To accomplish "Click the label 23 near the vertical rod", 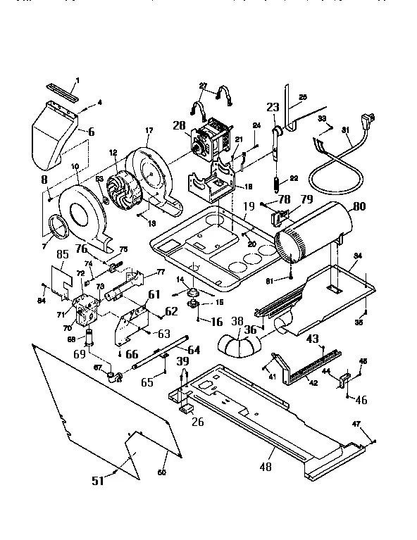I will pyautogui.click(x=273, y=108).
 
